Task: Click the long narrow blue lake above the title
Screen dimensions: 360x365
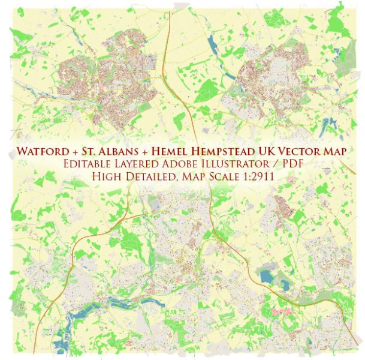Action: pyautogui.click(x=213, y=45)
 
